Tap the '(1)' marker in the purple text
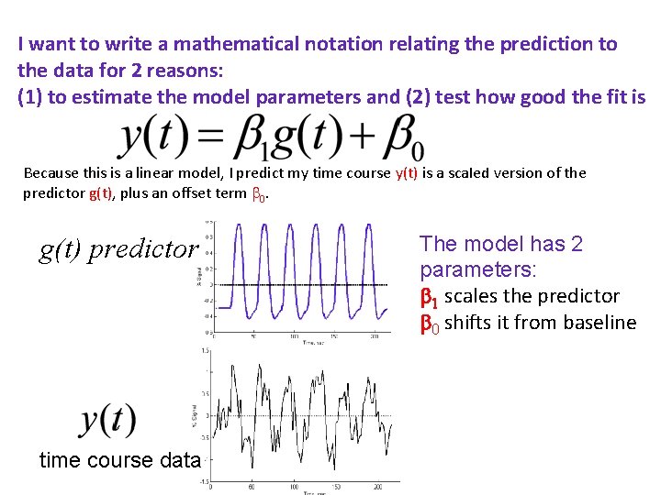click(x=29, y=97)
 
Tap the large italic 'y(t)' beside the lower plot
click(x=109, y=419)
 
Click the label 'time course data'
click(x=119, y=460)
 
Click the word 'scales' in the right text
click(x=471, y=296)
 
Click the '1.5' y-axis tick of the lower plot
click(x=206, y=350)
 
